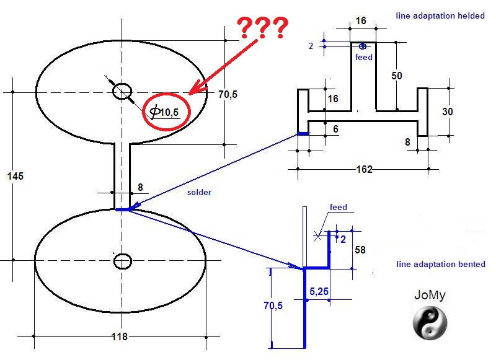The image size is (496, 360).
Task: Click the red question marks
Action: pos(263,28)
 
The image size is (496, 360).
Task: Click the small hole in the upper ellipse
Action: pos(122,92)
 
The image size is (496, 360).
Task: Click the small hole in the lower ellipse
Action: pos(122,261)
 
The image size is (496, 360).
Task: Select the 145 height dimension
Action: pos(15,177)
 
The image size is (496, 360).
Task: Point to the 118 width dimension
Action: pos(119,337)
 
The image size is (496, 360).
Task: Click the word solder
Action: pos(199,193)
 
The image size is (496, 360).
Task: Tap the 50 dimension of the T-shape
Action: pos(397,76)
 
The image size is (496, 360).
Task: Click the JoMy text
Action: pos(430,295)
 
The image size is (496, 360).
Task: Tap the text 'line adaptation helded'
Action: pos(440,15)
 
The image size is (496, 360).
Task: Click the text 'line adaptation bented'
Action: pos(441,265)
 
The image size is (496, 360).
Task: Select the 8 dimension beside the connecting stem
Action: pos(141,187)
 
